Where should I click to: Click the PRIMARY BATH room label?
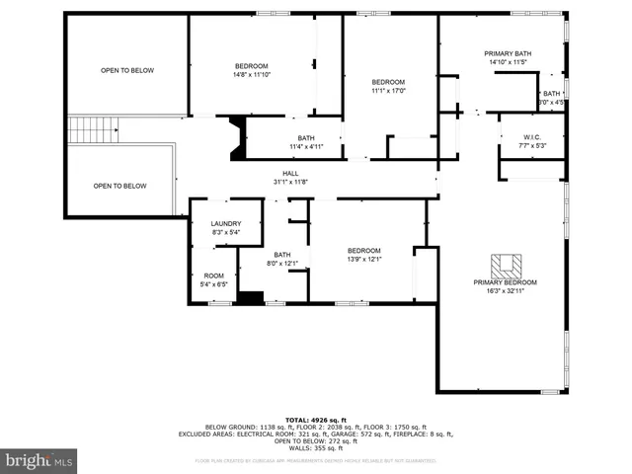click(x=509, y=53)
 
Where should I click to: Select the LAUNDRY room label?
click(x=225, y=223)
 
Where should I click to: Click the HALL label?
click(x=290, y=173)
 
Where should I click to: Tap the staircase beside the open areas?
click(x=93, y=128)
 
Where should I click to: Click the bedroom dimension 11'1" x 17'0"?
click(x=388, y=91)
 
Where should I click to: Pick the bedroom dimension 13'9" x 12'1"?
click(x=363, y=260)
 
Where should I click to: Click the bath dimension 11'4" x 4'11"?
click(x=306, y=147)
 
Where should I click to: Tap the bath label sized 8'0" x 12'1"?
click(x=282, y=254)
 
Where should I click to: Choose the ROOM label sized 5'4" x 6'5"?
click(x=214, y=276)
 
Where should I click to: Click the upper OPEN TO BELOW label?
click(x=127, y=70)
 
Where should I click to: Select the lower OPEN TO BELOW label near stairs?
click(x=119, y=186)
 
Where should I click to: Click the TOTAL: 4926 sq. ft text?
click(x=315, y=420)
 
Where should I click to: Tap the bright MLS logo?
click(x=39, y=460)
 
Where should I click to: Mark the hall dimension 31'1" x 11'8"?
click(x=290, y=181)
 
